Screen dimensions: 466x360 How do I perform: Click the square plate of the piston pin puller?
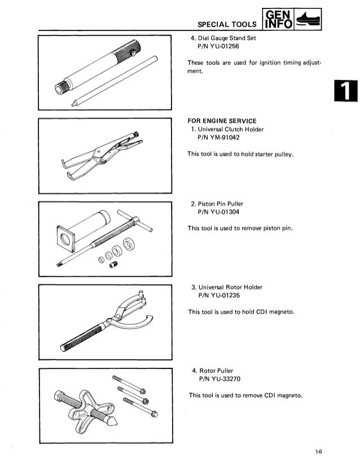tap(67, 239)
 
